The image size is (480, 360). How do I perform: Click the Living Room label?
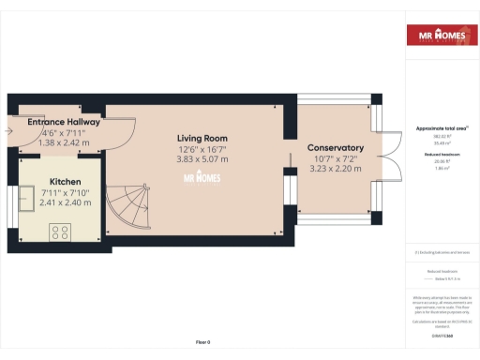[204, 138]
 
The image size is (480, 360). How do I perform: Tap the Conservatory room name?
[335, 148]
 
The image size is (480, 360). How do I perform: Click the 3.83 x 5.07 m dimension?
[204, 159]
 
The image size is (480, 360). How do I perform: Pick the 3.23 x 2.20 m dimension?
[335, 169]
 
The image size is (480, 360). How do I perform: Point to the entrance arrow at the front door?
[9, 132]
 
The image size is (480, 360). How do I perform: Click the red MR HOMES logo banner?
[439, 35]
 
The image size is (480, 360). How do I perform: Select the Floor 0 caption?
[202, 341]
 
